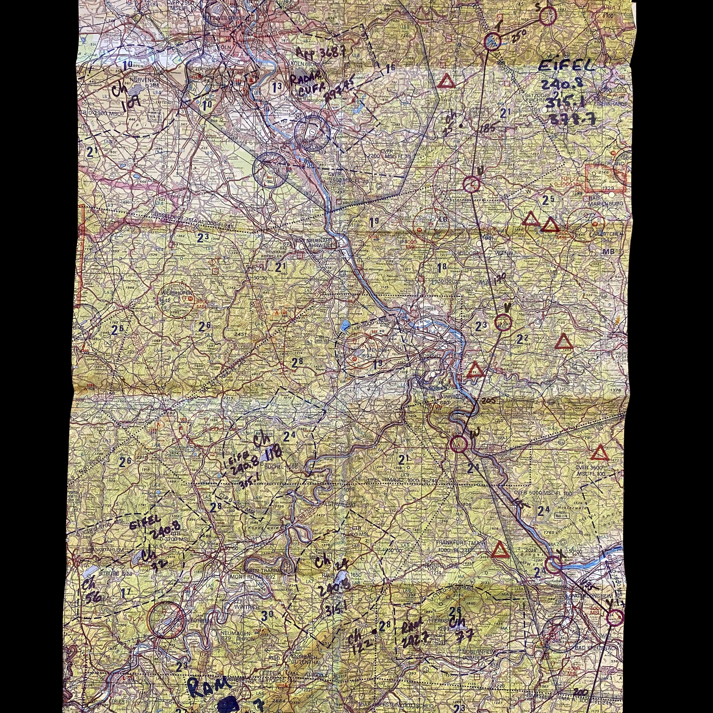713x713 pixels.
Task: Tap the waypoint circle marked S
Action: [547, 16]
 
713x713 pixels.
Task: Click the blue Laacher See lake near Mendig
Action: [346, 325]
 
